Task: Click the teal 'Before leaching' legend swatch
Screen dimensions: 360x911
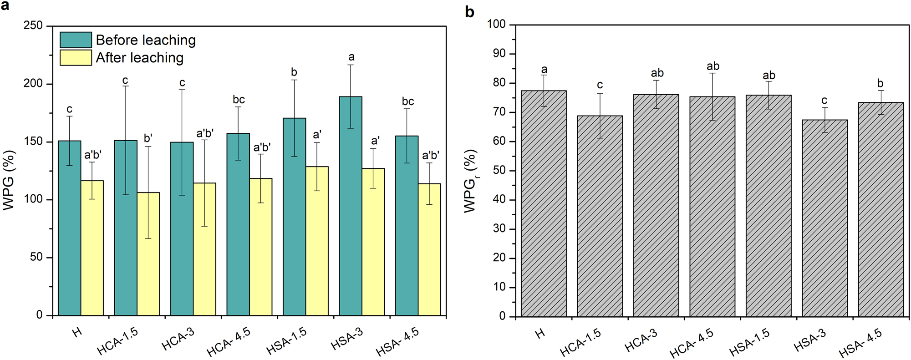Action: click(76, 40)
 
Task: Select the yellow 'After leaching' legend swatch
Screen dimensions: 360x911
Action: click(76, 58)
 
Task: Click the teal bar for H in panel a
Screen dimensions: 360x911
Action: click(70, 228)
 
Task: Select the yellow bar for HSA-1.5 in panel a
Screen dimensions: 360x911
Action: click(317, 241)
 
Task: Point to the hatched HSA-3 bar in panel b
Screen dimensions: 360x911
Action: click(824, 218)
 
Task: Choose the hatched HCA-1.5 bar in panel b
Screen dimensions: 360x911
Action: click(600, 216)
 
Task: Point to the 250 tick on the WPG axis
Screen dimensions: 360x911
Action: click(33, 26)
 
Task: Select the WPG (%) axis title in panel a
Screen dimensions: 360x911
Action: click(9, 180)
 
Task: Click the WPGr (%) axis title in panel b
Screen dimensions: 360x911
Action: click(471, 181)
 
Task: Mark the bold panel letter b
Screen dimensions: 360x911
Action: click(469, 12)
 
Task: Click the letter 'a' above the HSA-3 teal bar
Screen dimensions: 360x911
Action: click(351, 57)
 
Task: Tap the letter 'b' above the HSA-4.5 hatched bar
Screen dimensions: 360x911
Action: click(880, 83)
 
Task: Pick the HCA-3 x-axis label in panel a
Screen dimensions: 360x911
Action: click(178, 340)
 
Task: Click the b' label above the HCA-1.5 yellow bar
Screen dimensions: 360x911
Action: click(148, 138)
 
